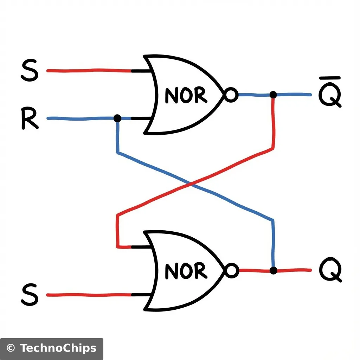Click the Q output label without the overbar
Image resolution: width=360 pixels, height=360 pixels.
click(x=330, y=271)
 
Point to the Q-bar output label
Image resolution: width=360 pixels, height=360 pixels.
click(x=330, y=96)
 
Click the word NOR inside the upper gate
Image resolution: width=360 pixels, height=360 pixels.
click(x=186, y=95)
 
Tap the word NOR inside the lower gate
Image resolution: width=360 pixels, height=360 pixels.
click(x=186, y=271)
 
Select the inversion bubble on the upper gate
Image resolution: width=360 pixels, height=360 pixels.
click(x=231, y=95)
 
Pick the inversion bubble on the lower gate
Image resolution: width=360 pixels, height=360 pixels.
click(x=231, y=271)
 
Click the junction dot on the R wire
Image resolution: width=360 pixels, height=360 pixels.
click(x=117, y=118)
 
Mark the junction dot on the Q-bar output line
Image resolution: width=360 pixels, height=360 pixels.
click(x=273, y=95)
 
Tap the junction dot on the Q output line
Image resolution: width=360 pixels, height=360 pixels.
click(x=273, y=270)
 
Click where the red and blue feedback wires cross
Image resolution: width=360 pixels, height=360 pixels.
click(x=190, y=184)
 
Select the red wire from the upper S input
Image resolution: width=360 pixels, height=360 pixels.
click(x=88, y=71)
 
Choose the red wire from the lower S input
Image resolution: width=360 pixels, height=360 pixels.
click(x=88, y=295)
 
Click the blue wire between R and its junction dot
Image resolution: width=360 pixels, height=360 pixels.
click(x=81, y=118)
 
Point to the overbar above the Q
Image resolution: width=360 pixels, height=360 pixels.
click(x=330, y=78)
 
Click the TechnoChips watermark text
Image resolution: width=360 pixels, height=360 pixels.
click(x=58, y=348)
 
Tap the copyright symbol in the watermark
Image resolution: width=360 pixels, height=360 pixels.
click(x=11, y=348)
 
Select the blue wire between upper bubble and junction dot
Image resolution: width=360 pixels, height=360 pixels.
click(x=255, y=95)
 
